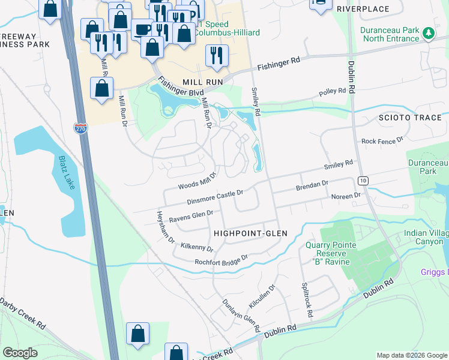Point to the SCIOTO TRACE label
pos(411,118)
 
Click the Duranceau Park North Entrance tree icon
pos(428,32)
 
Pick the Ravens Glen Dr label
pos(191,216)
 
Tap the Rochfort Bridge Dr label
pos(221,260)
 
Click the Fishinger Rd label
pos(279,64)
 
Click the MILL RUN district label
pos(203,82)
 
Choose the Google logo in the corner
pos(20,353)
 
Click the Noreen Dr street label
pos(345,196)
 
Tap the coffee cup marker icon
pos(142,29)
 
